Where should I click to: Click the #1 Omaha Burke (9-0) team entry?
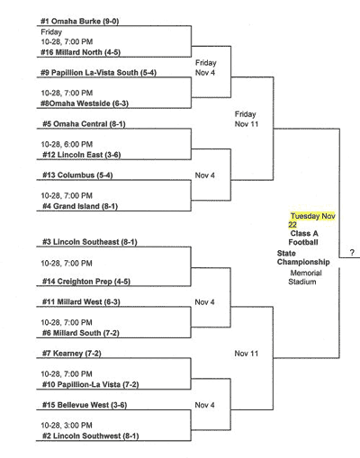pyautogui.click(x=80, y=22)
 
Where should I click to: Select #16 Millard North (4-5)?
pyautogui.click(x=81, y=52)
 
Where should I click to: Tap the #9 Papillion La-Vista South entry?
pyautogui.click(x=99, y=73)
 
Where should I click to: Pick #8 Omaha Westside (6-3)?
pyautogui.click(x=85, y=103)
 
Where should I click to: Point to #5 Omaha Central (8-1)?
pyautogui.click(x=84, y=124)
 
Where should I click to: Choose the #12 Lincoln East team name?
pyautogui.click(x=82, y=155)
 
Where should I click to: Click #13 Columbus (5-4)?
pyautogui.click(x=77, y=175)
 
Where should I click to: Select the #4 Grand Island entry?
pyautogui.click(x=80, y=206)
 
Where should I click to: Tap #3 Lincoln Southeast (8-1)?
pyautogui.click(x=90, y=242)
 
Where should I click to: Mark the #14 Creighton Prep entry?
pyautogui.click(x=86, y=282)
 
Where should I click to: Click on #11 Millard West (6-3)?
pyautogui.click(x=81, y=302)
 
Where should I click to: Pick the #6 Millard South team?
pyautogui.click(x=81, y=333)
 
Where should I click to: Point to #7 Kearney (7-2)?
pyautogui.click(x=72, y=354)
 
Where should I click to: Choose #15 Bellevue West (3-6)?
pyautogui.click(x=85, y=405)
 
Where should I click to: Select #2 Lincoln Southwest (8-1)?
pyautogui.click(x=91, y=436)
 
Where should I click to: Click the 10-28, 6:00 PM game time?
pyautogui.click(x=67, y=144)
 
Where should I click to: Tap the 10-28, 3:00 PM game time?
pyautogui.click(x=67, y=426)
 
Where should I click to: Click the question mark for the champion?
pyautogui.click(x=352, y=253)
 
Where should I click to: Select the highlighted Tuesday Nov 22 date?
pyautogui.click(x=312, y=220)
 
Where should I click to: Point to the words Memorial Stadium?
pyautogui.click(x=304, y=277)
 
